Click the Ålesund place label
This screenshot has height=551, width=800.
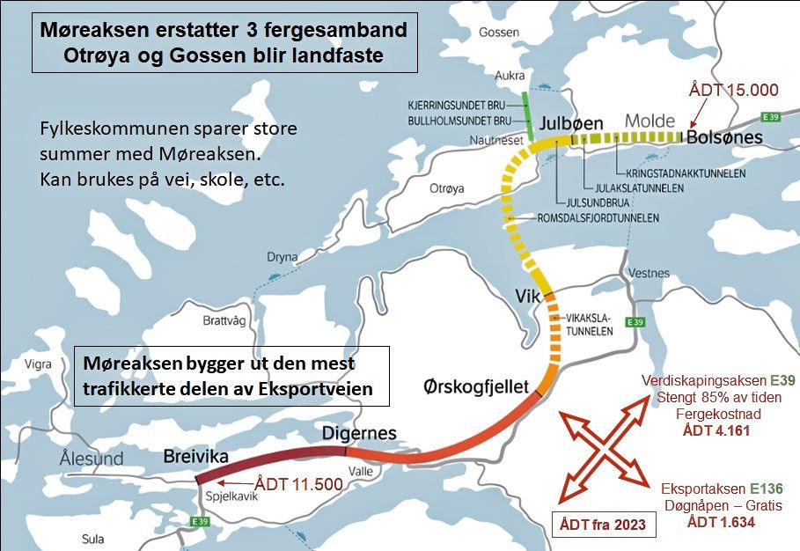[x=92, y=458]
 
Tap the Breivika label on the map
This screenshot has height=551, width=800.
[x=195, y=456]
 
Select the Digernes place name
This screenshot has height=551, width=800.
[x=359, y=433]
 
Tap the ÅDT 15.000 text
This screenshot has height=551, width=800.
[x=734, y=89]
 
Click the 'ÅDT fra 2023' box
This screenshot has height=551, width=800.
[x=603, y=525]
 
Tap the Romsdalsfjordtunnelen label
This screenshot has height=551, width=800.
[x=598, y=217]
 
